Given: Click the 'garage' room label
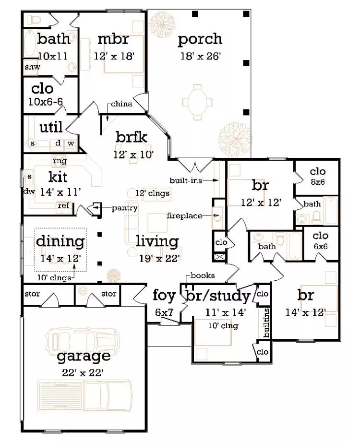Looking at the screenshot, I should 84,356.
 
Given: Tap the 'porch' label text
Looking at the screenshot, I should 200,39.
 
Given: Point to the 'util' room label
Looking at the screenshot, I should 51,127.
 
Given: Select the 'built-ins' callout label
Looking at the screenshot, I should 186,180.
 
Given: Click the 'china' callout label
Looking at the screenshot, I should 121,104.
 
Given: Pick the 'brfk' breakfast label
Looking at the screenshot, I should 131,137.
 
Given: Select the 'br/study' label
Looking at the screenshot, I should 218,296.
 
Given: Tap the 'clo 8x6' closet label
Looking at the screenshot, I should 318,176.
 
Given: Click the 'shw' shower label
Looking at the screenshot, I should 32,67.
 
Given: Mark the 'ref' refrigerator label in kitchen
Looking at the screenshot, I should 63,205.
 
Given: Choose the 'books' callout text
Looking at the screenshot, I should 202,275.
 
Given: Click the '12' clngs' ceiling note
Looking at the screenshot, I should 153,193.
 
